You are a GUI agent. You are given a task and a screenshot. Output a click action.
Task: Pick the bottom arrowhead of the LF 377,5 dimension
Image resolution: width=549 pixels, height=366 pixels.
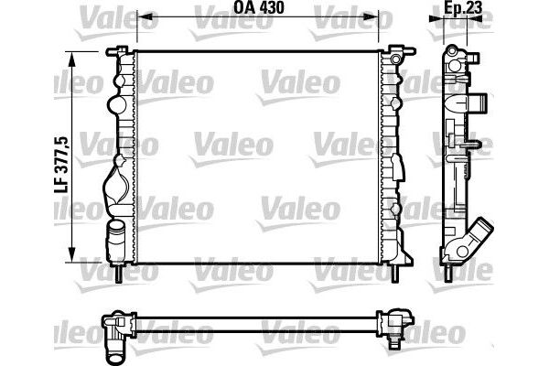click(71, 257)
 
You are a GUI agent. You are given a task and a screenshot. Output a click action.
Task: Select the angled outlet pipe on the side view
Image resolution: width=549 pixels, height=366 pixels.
click(479, 235)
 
